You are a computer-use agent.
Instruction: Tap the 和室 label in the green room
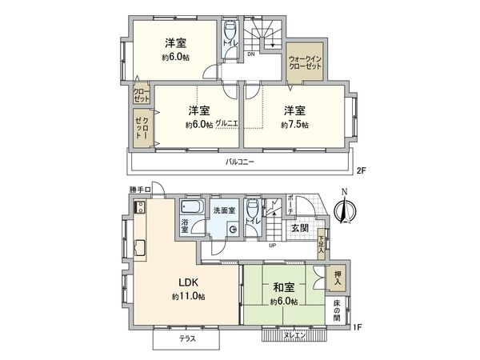click(283, 286)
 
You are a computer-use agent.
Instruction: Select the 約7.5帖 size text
click(295, 126)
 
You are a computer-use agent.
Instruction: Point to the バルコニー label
click(239, 163)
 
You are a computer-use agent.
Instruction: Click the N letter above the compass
click(343, 192)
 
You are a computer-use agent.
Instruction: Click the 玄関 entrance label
click(299, 228)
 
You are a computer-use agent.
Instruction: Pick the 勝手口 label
click(139, 189)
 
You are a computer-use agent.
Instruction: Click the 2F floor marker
click(361, 170)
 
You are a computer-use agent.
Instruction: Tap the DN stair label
click(250, 54)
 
